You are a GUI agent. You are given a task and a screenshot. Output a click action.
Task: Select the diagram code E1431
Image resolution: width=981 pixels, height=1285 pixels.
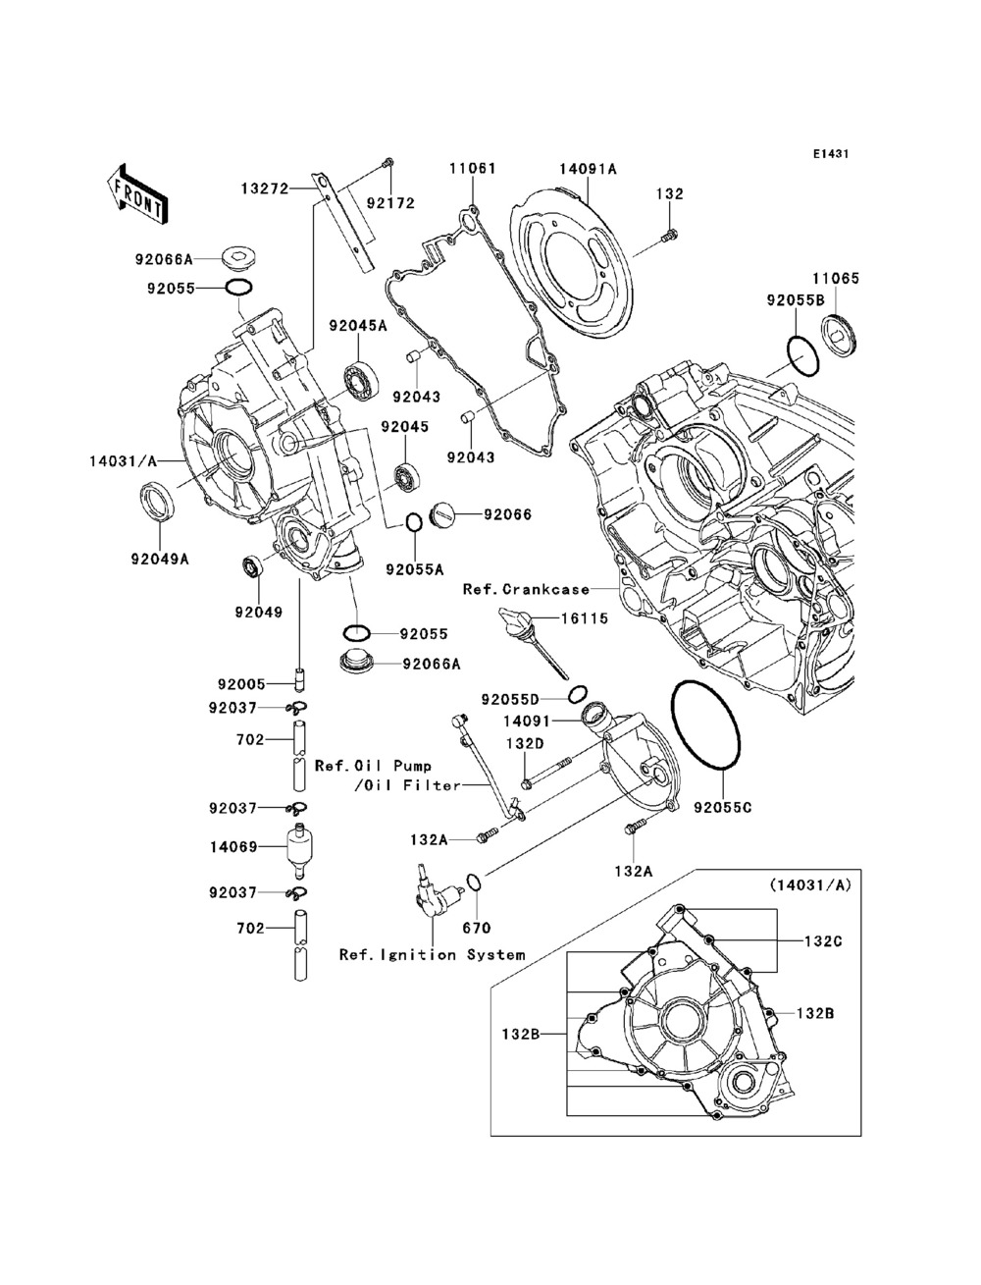(x=829, y=154)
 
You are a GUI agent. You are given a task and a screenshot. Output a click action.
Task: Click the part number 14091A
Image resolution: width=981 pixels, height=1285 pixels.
(x=588, y=169)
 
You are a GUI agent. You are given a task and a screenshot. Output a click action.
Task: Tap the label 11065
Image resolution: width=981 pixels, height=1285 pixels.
(x=835, y=279)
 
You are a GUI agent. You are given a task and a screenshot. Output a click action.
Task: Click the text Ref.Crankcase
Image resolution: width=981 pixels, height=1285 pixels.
(x=526, y=590)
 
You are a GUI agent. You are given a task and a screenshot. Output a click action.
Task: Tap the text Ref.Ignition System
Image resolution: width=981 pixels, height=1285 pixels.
(x=432, y=954)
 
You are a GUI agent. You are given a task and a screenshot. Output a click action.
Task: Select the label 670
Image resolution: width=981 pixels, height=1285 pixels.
(x=476, y=928)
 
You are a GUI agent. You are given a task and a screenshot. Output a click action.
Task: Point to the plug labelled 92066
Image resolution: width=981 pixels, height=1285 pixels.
(x=443, y=511)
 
